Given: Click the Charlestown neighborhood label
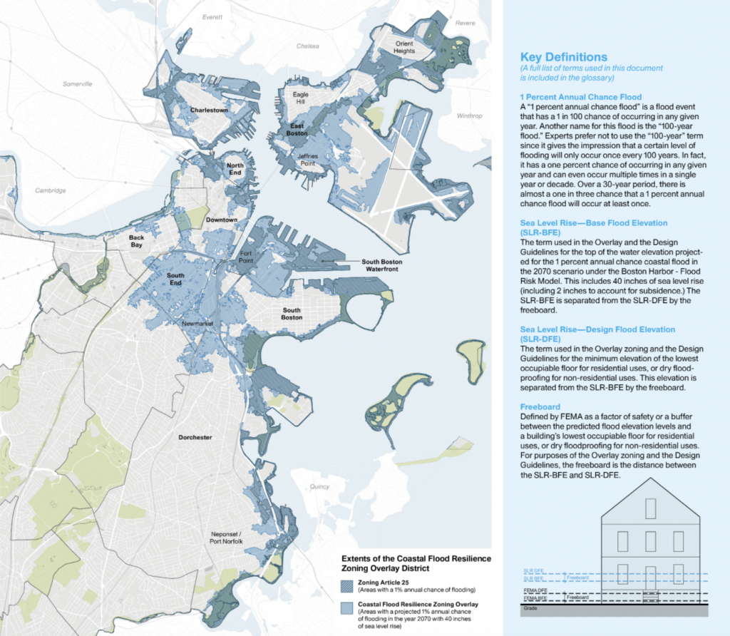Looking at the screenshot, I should pos(209,111).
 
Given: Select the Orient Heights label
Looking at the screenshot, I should pos(404,47).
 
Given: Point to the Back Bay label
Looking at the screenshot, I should pos(136,241).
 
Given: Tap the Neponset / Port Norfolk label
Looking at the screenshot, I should pos(227,538).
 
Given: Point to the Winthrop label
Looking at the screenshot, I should pos(469,116).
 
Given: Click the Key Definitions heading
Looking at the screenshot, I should pos(563,57).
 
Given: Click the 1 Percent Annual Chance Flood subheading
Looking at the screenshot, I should pos(581,97).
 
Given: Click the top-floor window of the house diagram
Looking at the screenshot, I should pos(649,508).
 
